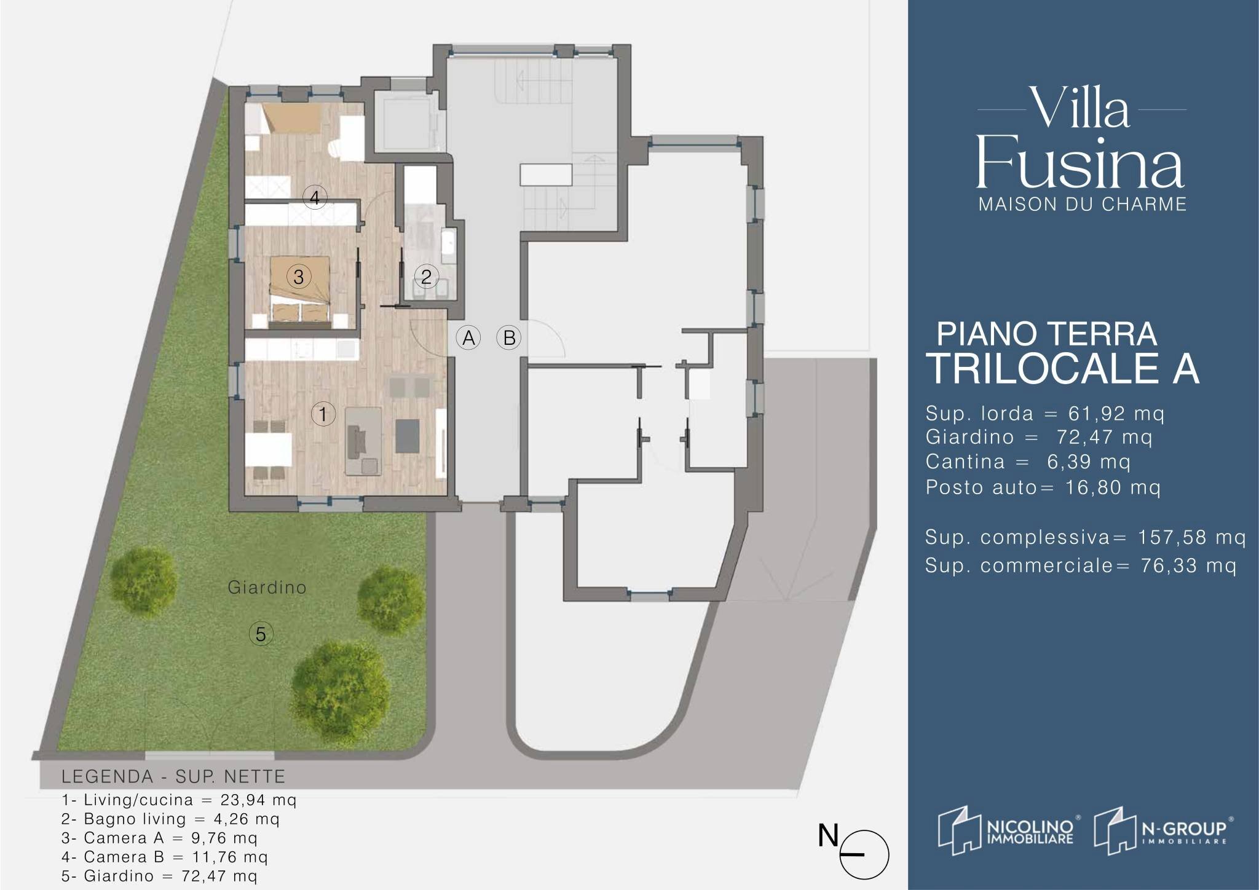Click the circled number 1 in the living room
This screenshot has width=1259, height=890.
pos(323,414)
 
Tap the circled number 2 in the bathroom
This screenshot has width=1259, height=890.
pos(426,277)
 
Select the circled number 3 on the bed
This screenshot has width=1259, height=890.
pos(299,277)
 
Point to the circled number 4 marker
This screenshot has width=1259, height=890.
pos(315,197)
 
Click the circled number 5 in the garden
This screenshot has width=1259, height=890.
pos(261,634)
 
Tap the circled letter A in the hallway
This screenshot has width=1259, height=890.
pos(468,337)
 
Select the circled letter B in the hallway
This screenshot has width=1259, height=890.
pos(509,337)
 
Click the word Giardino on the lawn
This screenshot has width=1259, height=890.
pos(267,588)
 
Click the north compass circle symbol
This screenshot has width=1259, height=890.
pos(864,855)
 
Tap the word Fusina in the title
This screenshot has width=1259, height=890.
pos(1080,163)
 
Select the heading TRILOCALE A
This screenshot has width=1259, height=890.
pos(1062,368)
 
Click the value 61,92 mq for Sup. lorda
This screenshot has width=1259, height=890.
pos(1116,414)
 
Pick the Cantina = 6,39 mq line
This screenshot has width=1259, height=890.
pos(1028,462)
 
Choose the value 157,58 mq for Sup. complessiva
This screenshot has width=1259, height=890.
pos(1191,538)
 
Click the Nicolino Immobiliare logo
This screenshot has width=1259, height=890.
pos(1006,831)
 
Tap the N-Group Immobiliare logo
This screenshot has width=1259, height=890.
pos(1163,831)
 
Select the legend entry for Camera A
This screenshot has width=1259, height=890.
pos(159,838)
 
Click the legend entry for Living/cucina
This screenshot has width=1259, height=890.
pos(179,800)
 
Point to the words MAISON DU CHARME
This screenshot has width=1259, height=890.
pos(1082,204)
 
